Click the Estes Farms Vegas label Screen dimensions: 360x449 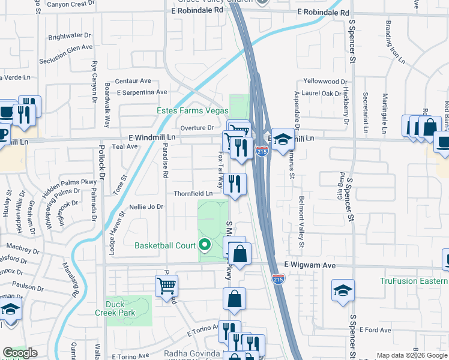(192, 111)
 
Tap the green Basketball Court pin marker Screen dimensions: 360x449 (205, 245)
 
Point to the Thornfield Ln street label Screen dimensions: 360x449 (193, 194)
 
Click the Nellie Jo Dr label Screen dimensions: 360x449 (146, 207)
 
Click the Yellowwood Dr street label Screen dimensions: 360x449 (325, 81)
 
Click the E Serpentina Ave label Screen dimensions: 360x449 (142, 92)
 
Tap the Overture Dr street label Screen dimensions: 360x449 (197, 128)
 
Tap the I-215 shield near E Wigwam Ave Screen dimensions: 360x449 (278, 279)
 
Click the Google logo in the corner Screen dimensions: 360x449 (19, 353)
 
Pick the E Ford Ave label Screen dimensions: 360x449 (376, 329)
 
